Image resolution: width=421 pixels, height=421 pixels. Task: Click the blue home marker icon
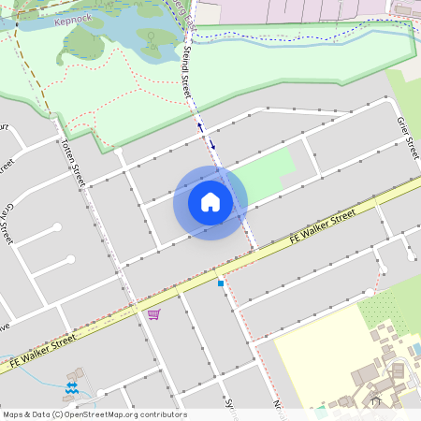click(210, 202)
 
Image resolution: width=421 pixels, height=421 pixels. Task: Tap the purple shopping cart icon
click(153, 313)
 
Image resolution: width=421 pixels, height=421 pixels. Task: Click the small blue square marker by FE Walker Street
click(221, 282)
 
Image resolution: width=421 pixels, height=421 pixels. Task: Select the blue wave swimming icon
click(72, 386)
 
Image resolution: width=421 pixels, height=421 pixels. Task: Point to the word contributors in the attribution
click(163, 414)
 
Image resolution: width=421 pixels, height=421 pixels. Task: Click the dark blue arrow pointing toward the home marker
click(212, 144)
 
